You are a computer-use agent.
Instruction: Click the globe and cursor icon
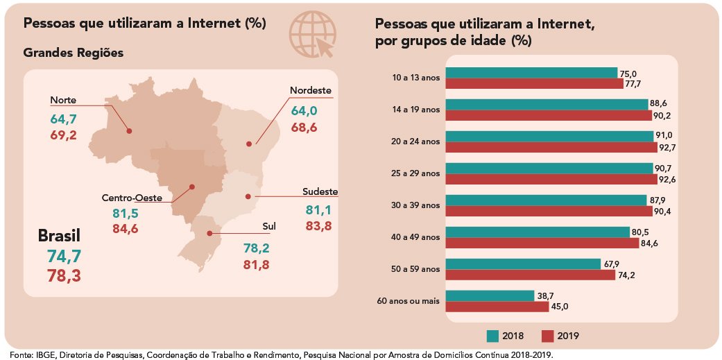[x=312, y=35]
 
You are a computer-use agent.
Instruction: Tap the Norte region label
[x=63, y=101]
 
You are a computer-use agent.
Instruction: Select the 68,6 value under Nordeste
[x=304, y=127]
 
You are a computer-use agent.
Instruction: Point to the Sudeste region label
[x=320, y=191]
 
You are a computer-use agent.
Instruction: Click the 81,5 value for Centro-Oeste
[x=126, y=214]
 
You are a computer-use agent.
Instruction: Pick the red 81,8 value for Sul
[x=255, y=265]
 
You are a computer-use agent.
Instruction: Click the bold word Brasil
[x=60, y=236]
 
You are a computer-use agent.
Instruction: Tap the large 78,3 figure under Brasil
[x=64, y=276]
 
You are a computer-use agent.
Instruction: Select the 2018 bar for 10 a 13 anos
[x=531, y=73]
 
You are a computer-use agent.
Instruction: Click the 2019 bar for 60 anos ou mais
[x=497, y=307]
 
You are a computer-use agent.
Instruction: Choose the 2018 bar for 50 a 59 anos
[x=523, y=264]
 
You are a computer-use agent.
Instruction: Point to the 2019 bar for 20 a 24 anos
[x=551, y=147]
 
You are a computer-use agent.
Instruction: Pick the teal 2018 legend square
[x=492, y=336]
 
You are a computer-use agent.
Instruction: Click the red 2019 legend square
[x=548, y=336]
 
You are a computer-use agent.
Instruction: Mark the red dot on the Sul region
[x=212, y=233]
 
